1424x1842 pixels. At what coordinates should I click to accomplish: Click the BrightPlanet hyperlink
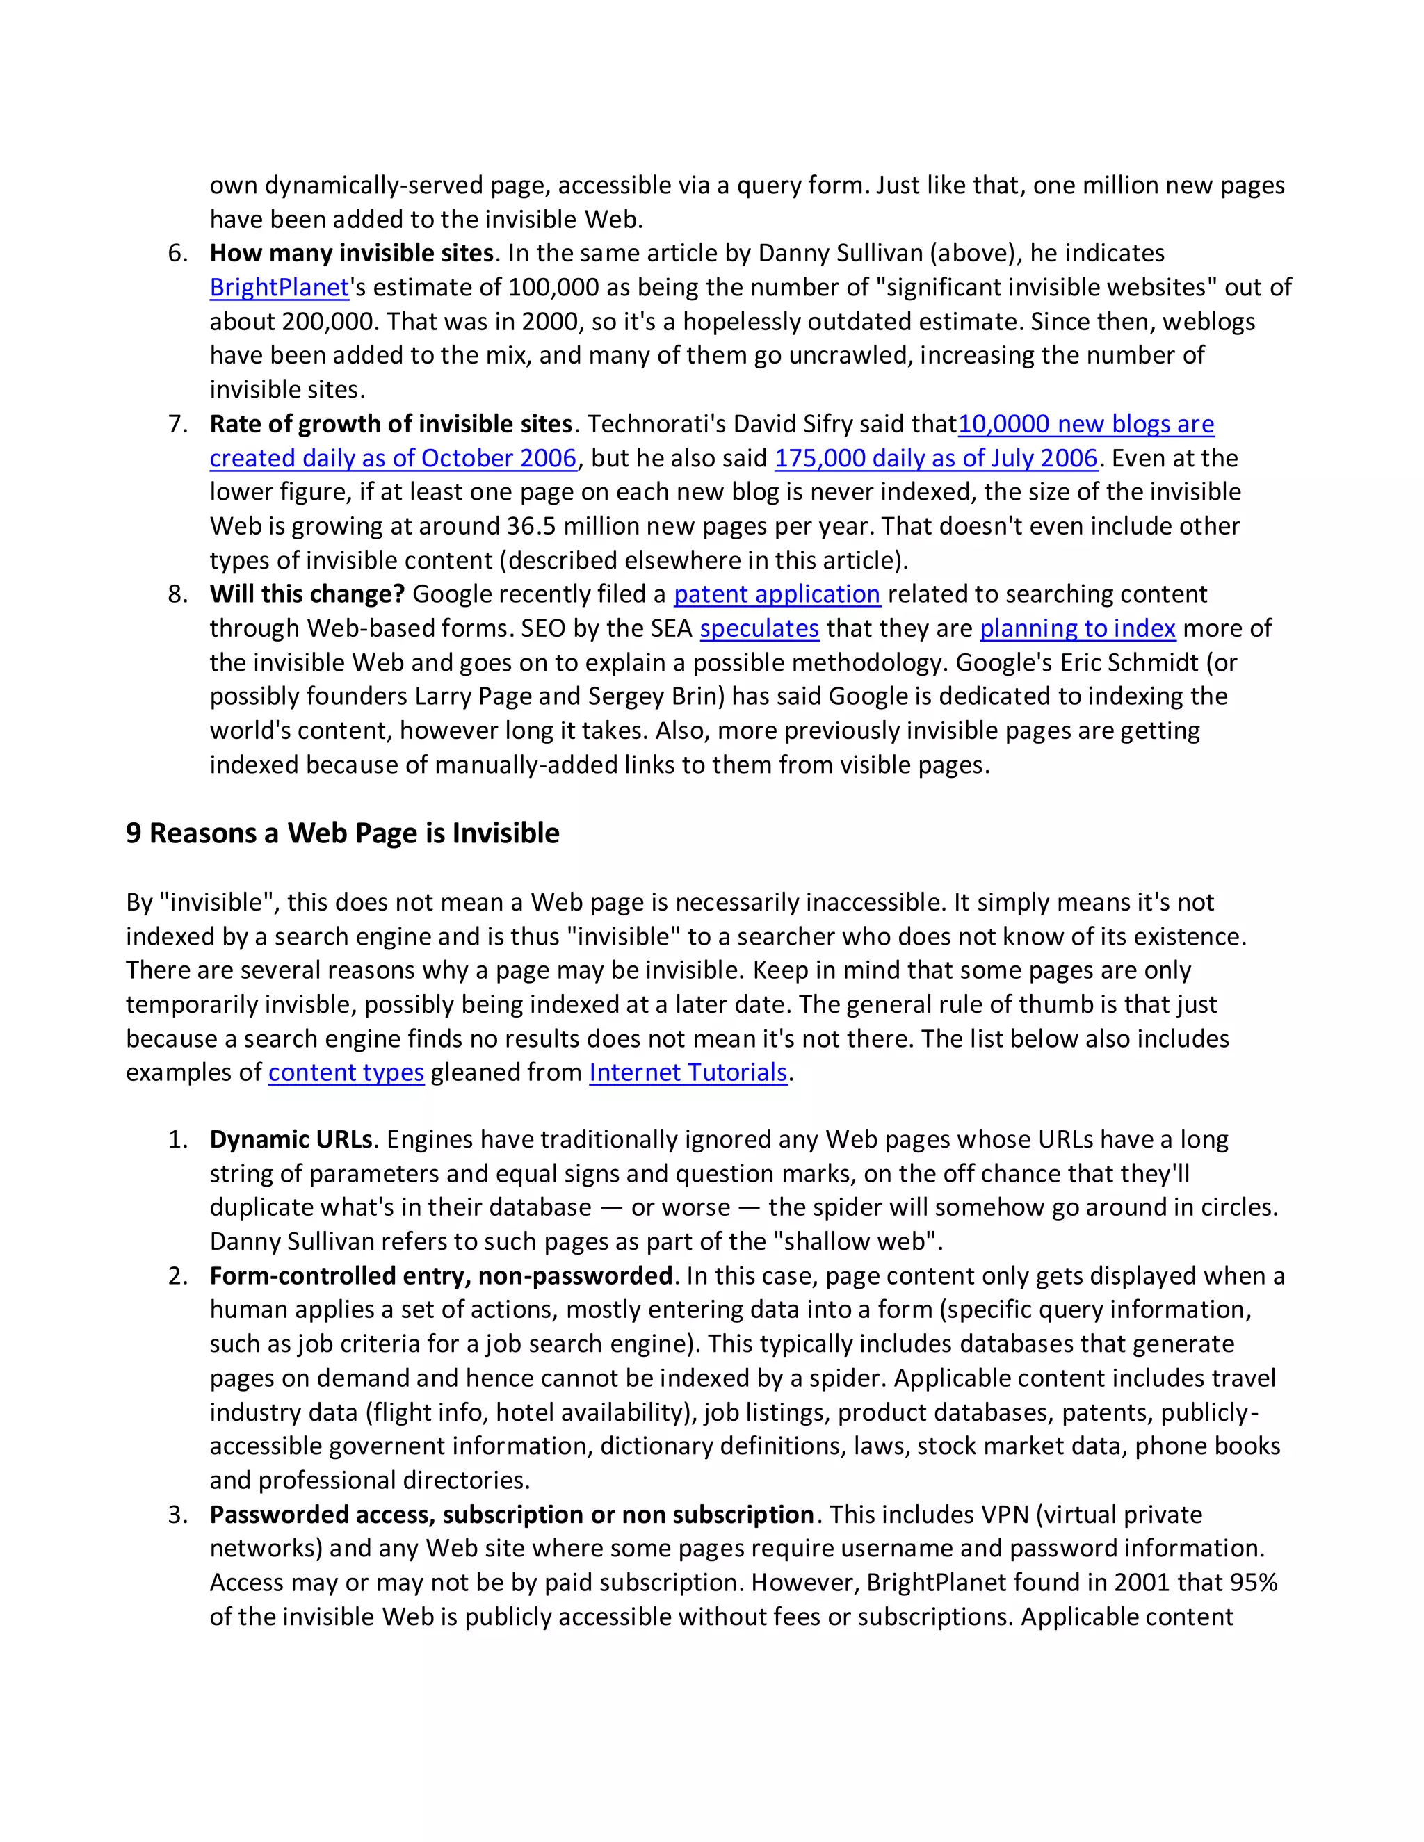click(x=280, y=288)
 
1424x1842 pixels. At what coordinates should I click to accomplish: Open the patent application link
click(x=776, y=594)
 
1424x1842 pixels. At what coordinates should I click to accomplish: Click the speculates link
click(x=759, y=628)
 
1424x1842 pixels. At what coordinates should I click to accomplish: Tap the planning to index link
click(x=1077, y=628)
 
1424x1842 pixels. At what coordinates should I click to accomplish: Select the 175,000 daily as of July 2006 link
click(x=936, y=458)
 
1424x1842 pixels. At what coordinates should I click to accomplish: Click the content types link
click(x=346, y=1072)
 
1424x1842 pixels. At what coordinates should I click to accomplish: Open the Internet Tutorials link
click(x=688, y=1072)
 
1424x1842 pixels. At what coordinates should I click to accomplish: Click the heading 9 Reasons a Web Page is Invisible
click(x=343, y=833)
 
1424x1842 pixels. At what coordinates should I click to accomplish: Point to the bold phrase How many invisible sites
click(x=352, y=253)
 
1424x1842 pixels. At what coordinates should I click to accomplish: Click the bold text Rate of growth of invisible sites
click(x=391, y=423)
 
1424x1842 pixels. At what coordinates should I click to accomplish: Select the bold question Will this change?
click(x=307, y=594)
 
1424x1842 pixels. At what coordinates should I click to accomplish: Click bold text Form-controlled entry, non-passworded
click(x=440, y=1275)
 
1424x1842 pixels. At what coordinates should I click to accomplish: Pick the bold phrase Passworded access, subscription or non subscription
click(x=511, y=1515)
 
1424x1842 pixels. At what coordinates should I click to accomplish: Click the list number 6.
click(x=177, y=253)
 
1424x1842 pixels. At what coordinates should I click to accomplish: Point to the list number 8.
click(x=177, y=594)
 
